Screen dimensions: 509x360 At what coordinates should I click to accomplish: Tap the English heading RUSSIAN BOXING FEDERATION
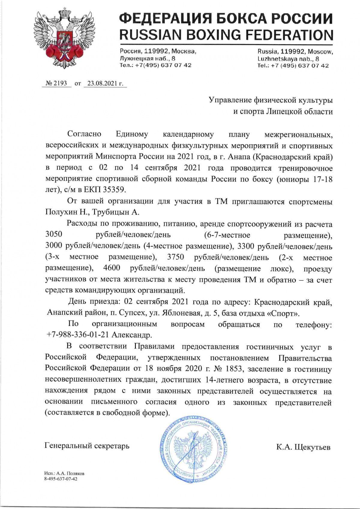(226, 35)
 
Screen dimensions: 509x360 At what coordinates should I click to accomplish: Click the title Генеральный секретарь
(87, 445)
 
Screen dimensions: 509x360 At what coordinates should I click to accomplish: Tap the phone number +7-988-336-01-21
(79, 334)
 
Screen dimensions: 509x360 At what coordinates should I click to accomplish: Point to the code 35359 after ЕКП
(118, 190)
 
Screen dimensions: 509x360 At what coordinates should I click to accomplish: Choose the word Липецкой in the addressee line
(283, 112)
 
